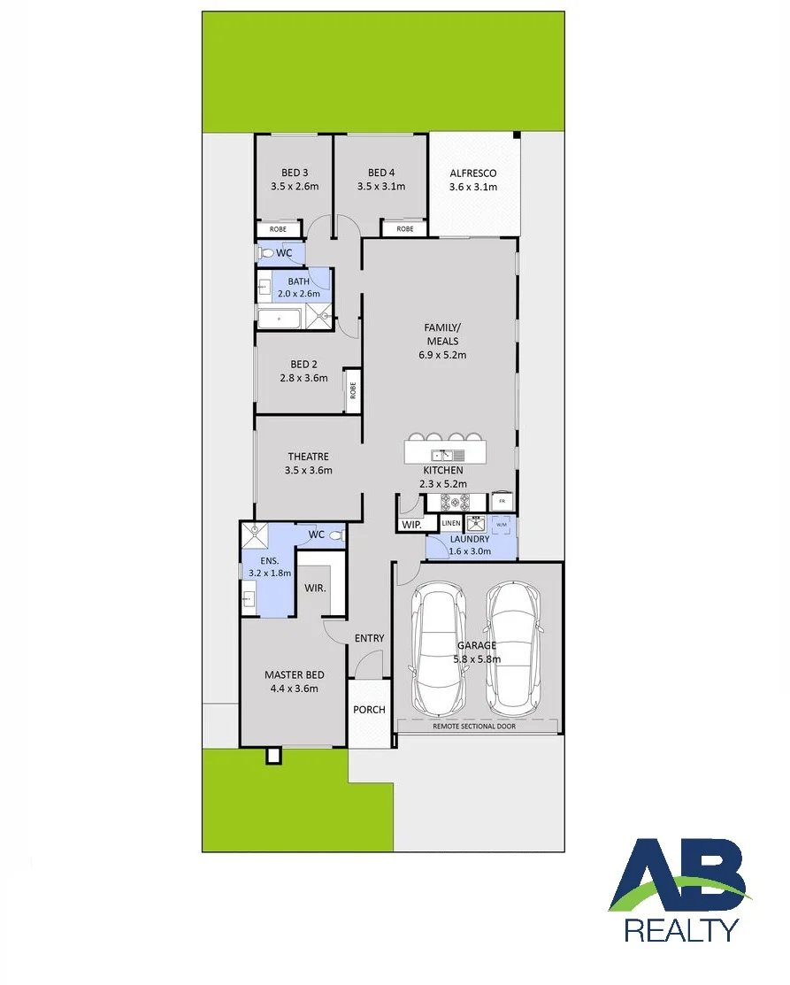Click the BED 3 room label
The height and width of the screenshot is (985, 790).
click(295, 173)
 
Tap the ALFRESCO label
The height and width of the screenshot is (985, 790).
click(473, 173)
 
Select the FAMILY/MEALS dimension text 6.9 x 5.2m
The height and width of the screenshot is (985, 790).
click(442, 355)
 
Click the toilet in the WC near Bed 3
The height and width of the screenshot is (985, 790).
click(265, 253)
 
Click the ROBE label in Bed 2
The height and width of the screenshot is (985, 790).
click(353, 390)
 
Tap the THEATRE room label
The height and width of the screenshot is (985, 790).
click(309, 457)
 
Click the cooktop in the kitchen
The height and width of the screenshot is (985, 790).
click(456, 502)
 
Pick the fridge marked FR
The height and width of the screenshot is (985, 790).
click(502, 501)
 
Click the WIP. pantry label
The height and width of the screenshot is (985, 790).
click(411, 525)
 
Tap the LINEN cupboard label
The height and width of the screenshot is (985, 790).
click(451, 523)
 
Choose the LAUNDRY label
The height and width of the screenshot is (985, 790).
click(470, 539)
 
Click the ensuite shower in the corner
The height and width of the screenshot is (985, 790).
click(255, 535)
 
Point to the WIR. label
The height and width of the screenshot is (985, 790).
click(315, 588)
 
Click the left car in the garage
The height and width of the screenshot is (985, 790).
click(438, 648)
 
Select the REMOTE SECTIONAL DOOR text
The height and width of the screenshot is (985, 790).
click(474, 727)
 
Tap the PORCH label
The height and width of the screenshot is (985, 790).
click(369, 709)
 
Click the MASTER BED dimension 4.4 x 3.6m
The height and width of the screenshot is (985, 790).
click(294, 689)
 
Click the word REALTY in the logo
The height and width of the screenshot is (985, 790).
click(681, 930)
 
